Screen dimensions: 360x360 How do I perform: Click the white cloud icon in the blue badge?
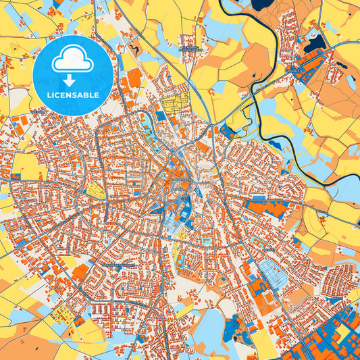(73, 60)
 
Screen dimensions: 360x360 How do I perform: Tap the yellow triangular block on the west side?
(95, 189)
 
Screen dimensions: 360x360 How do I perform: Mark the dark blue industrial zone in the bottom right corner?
(331, 338)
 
